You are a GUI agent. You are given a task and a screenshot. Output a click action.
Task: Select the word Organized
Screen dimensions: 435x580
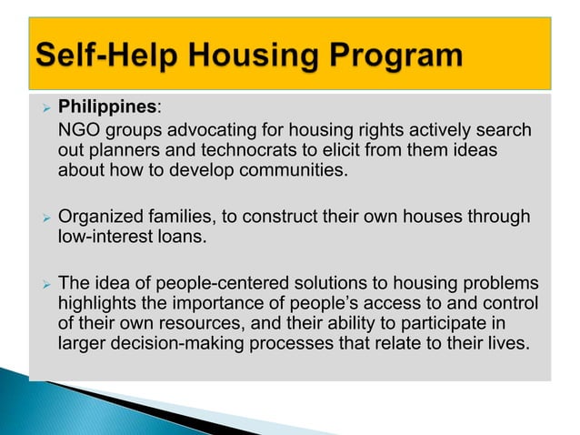pyautogui.click(x=102, y=217)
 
